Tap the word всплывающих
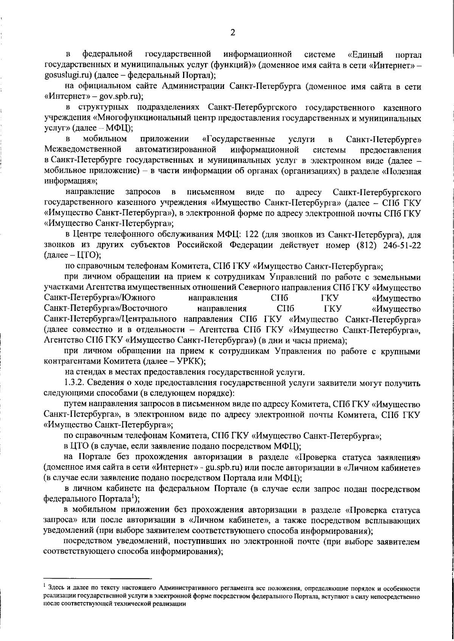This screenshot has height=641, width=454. click(393, 520)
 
